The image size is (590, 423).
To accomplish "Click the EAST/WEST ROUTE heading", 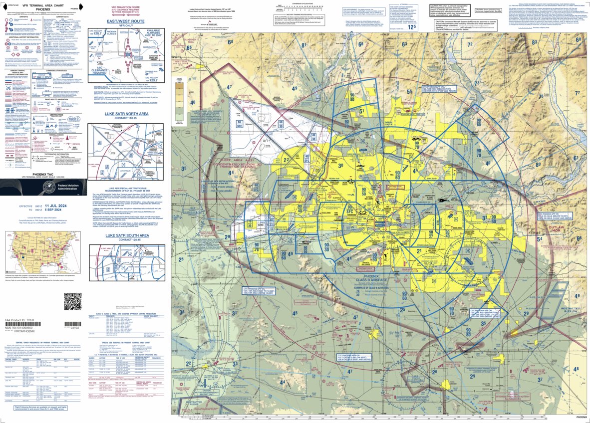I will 126,22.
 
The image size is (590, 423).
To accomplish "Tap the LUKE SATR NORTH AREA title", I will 126,114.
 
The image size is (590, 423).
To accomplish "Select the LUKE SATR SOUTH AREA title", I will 126,235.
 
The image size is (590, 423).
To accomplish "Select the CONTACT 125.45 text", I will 126,240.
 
